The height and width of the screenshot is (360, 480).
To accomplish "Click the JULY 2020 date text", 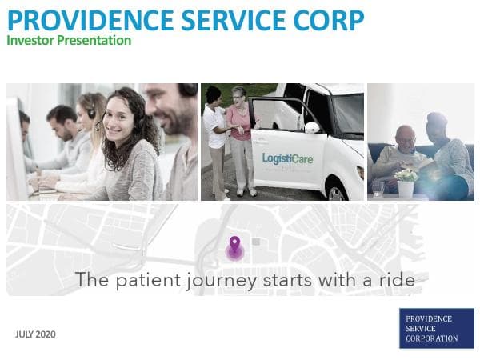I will point(35,334).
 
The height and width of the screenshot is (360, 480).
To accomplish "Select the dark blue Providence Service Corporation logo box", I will point(437,328).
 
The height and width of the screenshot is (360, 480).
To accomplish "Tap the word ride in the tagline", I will point(398,280).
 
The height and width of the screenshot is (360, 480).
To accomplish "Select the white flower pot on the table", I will point(406,186).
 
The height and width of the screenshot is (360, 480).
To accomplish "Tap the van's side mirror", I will point(313,127).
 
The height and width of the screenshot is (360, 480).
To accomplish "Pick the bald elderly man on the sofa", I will point(400,152).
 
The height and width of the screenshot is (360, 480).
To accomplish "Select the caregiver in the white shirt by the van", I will point(215,136).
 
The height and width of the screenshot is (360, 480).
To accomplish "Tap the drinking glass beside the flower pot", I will point(378,189).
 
